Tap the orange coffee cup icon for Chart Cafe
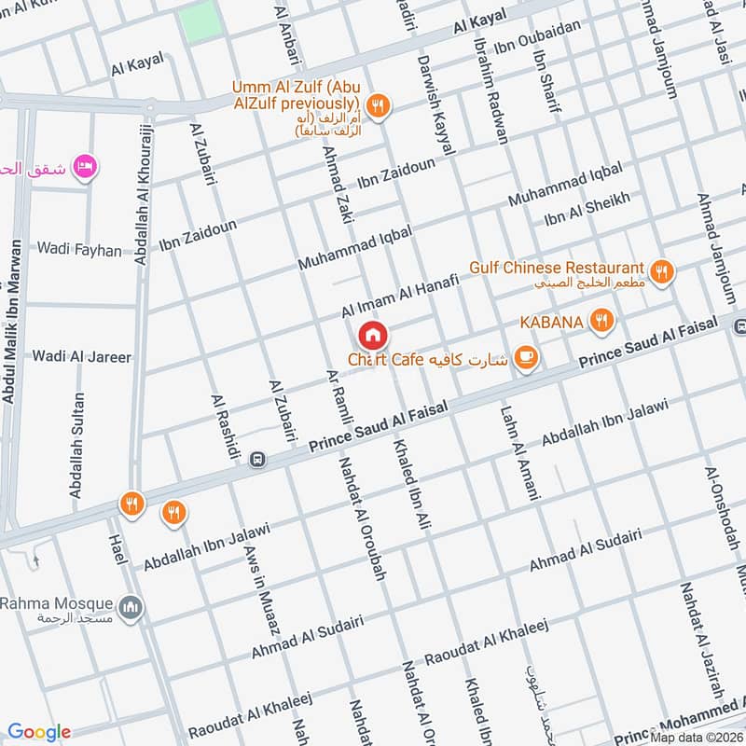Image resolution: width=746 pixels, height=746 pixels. (526, 357)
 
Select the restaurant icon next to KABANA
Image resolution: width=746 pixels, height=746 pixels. (602, 323)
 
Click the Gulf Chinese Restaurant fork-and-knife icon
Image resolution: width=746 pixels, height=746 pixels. (662, 272)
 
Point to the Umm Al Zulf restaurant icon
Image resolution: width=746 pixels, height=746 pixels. (378, 105)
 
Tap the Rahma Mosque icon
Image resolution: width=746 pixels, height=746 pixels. (132, 608)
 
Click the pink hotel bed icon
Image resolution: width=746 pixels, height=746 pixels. (85, 166)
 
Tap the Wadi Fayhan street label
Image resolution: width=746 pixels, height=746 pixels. (79, 250)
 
